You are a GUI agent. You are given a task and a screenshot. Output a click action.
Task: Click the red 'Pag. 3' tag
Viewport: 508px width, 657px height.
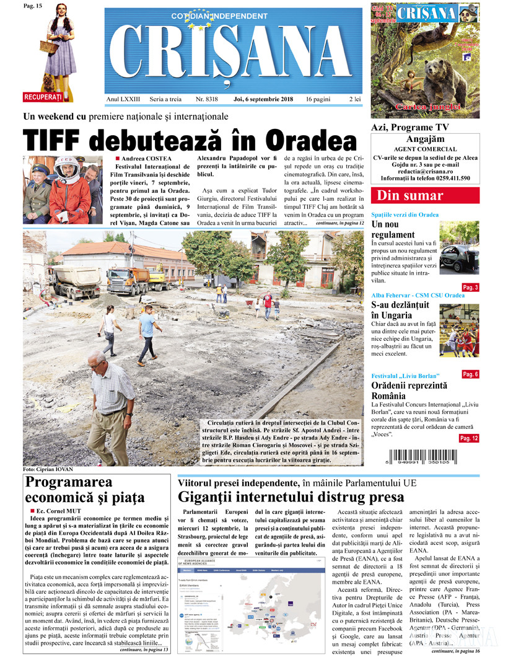pyautogui.click(x=470, y=287)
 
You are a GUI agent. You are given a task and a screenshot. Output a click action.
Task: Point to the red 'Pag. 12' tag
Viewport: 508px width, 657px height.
pyautogui.click(x=469, y=438)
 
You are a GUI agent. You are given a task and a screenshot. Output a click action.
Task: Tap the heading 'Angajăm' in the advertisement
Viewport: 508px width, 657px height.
pyautogui.click(x=425, y=140)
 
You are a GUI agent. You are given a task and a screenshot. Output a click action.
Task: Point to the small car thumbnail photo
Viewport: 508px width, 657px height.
pyautogui.click(x=459, y=247)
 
